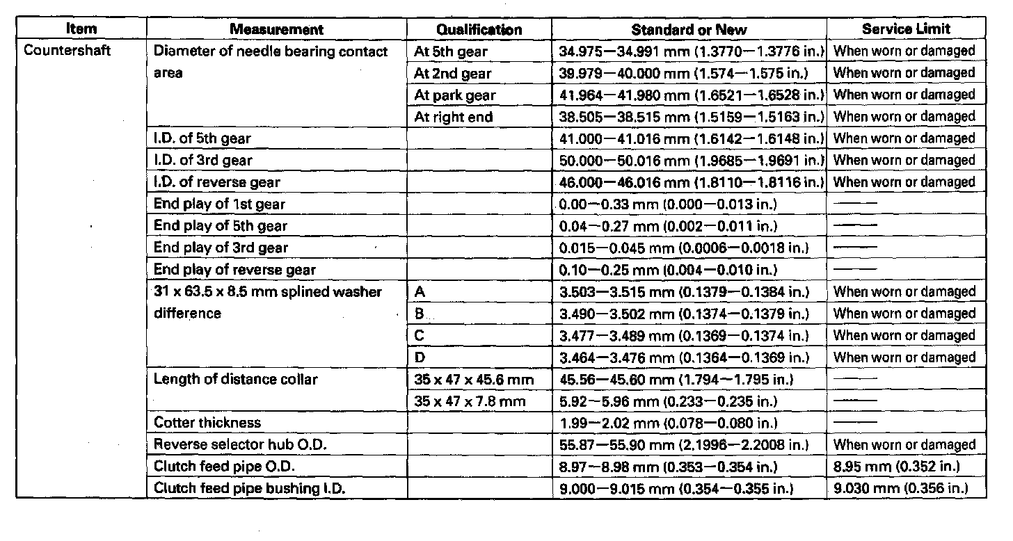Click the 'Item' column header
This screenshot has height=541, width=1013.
[81, 29]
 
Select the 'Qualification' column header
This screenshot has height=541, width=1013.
[479, 29]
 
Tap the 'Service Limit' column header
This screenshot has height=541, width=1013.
[906, 29]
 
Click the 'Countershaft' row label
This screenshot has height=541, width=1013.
[67, 51]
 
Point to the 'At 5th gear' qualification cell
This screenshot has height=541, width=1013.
[451, 51]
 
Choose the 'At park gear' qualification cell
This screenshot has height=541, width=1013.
[454, 95]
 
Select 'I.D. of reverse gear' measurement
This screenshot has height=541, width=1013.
[216, 182]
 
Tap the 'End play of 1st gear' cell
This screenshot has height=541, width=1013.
[219, 204]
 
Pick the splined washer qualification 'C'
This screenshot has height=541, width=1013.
[420, 336]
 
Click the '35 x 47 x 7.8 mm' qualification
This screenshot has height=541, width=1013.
[469, 401]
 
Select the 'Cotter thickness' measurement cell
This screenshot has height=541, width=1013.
[207, 423]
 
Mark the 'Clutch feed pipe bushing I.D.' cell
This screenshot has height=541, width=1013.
[249, 489]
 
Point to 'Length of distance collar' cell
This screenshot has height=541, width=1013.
[235, 380]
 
